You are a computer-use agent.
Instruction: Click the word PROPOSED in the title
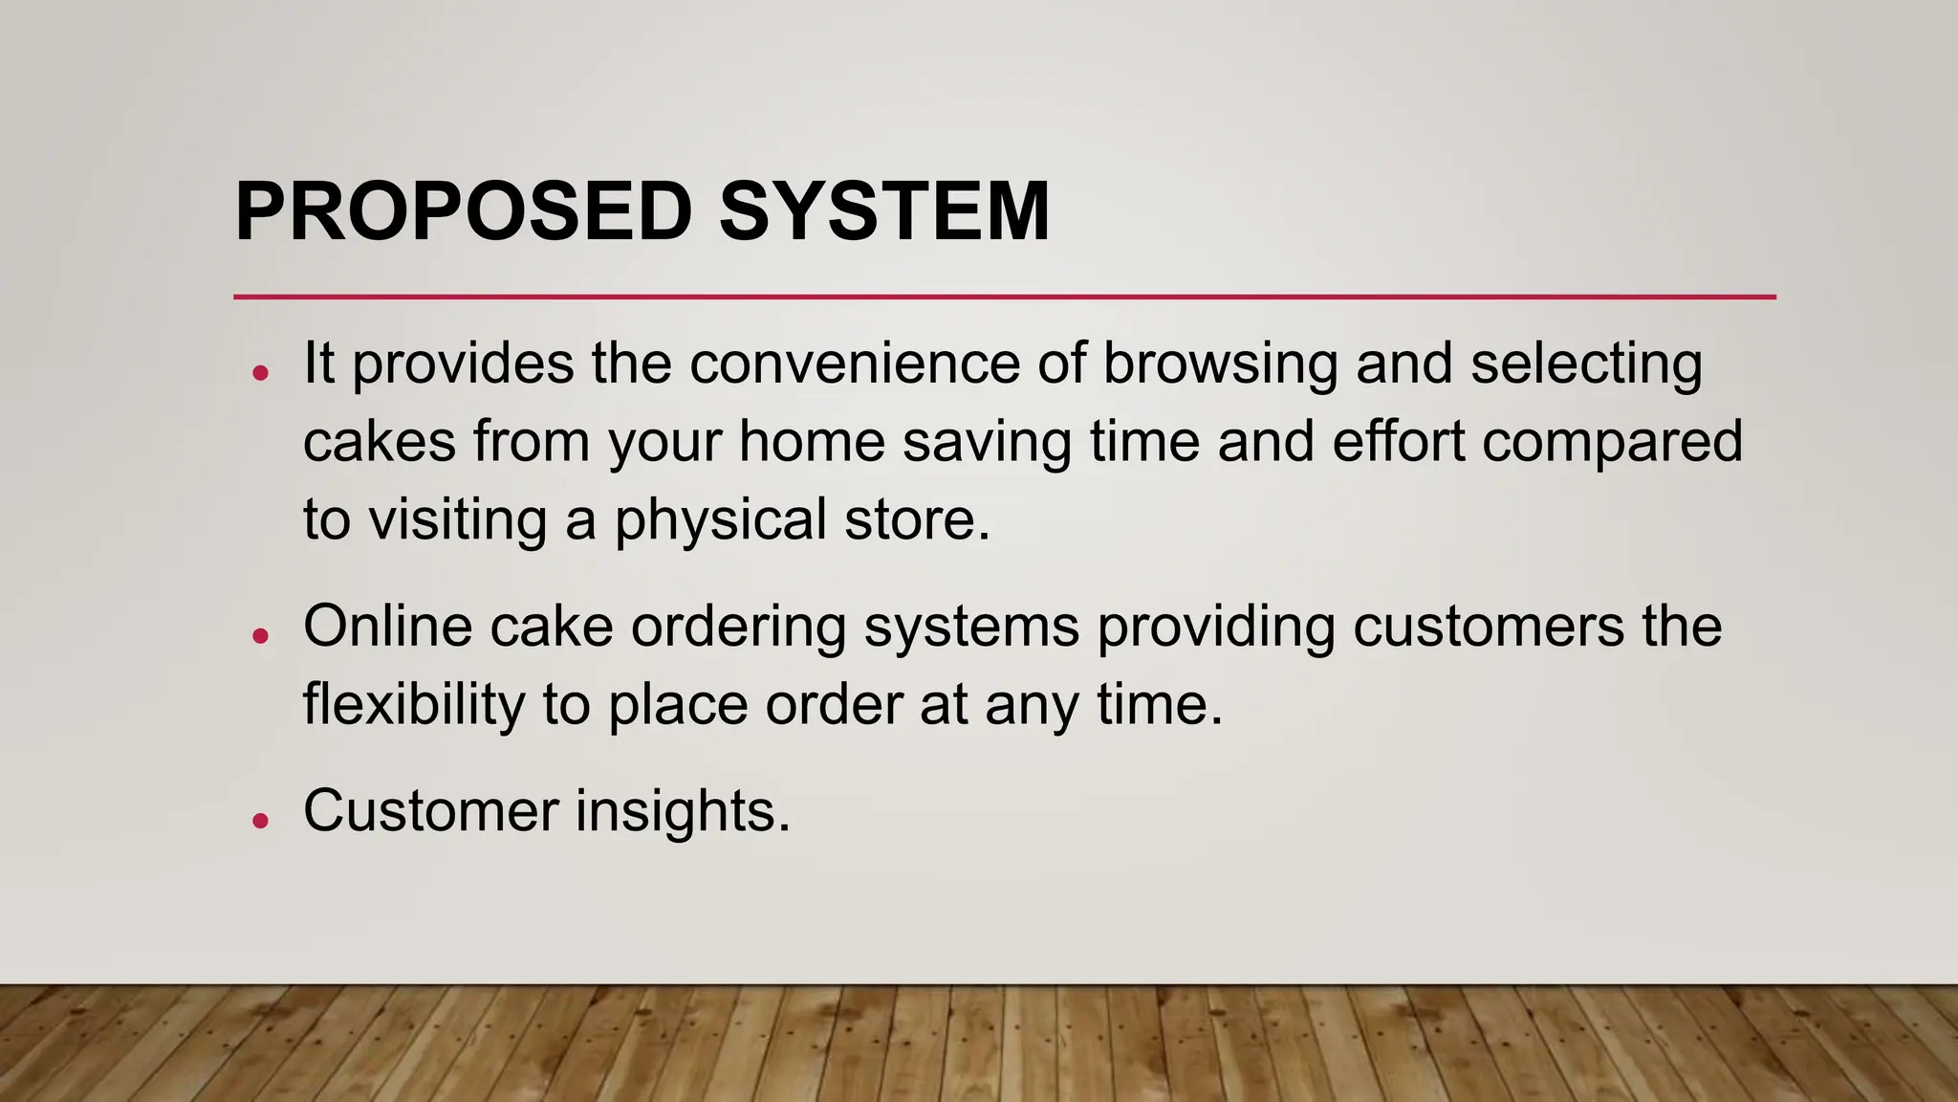[464, 211]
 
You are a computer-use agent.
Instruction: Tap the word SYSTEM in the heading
[884, 211]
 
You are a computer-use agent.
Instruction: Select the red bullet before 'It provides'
[260, 372]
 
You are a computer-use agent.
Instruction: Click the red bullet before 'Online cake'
[260, 634]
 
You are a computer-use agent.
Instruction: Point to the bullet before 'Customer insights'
[260, 820]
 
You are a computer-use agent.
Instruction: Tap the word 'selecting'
[1586, 365]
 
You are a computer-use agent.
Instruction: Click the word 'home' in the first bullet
[812, 442]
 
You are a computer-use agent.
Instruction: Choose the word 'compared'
[1613, 444]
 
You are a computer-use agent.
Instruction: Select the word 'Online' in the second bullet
[388, 627]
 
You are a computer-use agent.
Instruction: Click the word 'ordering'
[738, 628]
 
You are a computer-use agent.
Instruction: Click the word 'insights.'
[683, 812]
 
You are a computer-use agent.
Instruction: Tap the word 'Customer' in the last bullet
[430, 811]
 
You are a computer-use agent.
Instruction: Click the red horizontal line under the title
[1004, 298]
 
